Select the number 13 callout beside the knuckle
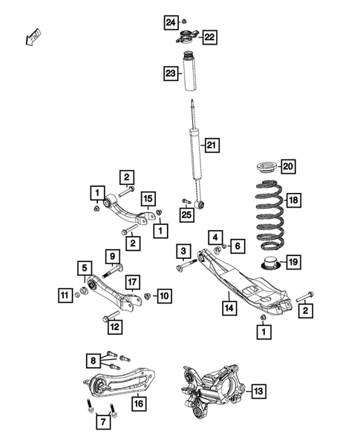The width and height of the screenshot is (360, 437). [x=257, y=391]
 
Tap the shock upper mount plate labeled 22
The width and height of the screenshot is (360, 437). [x=189, y=35]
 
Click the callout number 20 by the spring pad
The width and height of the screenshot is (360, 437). [x=288, y=165]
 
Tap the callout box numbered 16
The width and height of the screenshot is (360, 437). [x=137, y=404]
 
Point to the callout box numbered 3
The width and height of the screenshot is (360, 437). [x=181, y=251]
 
